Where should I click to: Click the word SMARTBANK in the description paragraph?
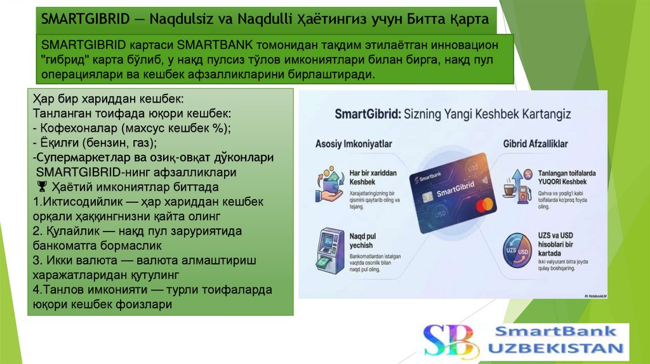point(216,46)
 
